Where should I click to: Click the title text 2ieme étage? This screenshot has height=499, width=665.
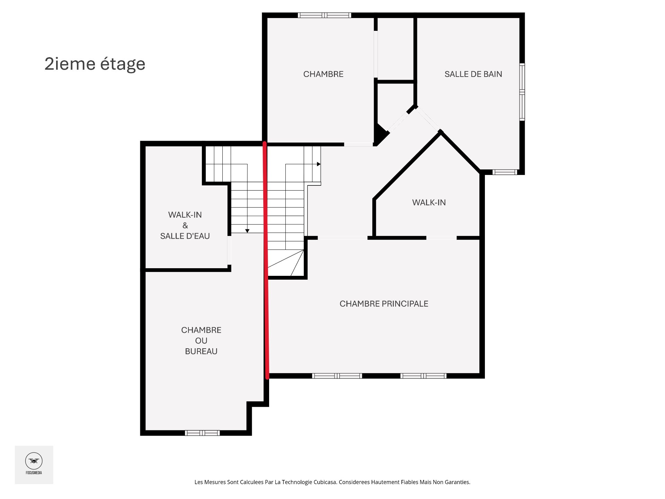click(95, 64)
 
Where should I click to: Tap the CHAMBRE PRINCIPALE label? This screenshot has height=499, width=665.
click(384, 304)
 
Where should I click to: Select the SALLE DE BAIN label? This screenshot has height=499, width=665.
click(473, 74)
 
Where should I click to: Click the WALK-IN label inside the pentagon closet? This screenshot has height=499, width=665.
click(429, 203)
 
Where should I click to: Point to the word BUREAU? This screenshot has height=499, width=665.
click(201, 351)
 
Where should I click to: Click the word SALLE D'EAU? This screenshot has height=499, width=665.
click(185, 236)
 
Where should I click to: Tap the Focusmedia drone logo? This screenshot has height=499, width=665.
click(34, 461)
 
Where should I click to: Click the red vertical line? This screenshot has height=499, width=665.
click(266, 260)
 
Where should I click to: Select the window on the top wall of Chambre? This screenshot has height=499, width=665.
click(324, 15)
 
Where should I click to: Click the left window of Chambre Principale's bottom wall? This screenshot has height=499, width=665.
click(337, 376)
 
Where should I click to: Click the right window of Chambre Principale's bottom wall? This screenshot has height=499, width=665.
click(423, 376)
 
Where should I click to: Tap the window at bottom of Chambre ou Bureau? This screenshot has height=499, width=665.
click(202, 433)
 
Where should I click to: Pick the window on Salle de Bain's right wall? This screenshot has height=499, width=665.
click(522, 92)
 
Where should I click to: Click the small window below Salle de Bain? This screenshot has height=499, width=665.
click(505, 172)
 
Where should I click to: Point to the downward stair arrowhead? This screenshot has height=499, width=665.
click(247, 231)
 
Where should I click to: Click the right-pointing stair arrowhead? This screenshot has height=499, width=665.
click(319, 164)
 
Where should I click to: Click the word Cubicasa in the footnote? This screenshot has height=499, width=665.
click(325, 482)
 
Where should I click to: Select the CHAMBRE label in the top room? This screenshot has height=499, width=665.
click(323, 74)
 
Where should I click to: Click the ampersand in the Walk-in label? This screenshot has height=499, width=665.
click(185, 226)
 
